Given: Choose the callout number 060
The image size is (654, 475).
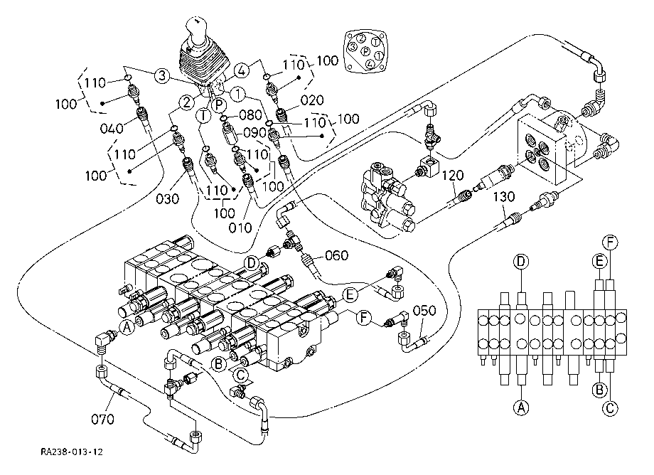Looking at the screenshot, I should [x=337, y=255].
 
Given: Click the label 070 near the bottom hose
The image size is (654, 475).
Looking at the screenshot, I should [x=102, y=420].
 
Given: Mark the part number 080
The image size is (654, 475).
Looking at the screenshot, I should [x=250, y=114].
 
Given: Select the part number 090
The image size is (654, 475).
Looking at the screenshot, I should [x=254, y=133].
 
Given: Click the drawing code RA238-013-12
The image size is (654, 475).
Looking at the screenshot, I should [x=72, y=451].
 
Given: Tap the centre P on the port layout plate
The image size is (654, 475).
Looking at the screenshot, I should [x=365, y=52].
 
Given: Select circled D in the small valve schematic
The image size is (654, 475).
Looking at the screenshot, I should [x=521, y=262].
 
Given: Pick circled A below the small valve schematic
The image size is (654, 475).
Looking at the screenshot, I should [x=522, y=407].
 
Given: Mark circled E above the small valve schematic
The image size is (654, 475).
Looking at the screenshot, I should [x=600, y=261].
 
